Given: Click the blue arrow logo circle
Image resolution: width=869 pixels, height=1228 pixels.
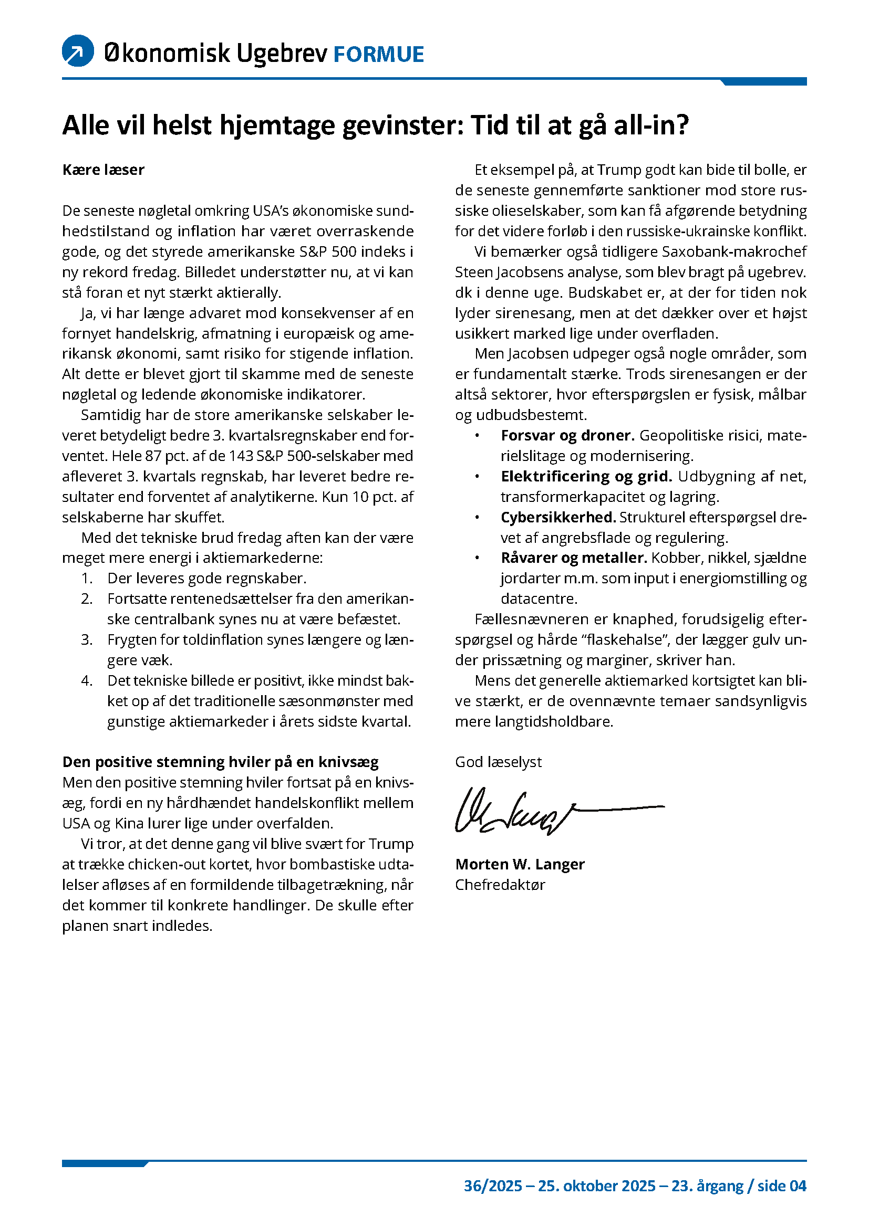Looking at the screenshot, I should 78,51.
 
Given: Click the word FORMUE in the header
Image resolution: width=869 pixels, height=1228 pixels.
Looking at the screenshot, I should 378,55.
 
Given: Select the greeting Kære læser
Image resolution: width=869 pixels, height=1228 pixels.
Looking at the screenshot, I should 104,170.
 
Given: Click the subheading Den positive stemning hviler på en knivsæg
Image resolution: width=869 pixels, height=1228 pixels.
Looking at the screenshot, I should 221,762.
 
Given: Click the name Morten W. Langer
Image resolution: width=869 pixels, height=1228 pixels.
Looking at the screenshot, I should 520,864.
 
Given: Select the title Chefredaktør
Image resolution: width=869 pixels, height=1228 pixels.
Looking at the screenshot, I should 500,885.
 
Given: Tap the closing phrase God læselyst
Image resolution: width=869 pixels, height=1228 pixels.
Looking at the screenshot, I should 498,762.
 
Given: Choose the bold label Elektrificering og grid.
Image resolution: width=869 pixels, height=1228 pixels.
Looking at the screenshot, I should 586,476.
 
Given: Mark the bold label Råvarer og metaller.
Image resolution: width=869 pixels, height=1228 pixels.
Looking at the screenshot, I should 574,558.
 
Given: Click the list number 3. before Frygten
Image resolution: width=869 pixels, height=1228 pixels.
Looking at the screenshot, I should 87,639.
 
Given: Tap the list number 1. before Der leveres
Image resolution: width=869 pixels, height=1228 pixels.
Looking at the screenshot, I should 87,578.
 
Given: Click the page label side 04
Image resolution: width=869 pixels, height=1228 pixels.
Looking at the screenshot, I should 782,1186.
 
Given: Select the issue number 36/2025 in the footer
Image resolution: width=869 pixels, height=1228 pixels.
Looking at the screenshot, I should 492,1186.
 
